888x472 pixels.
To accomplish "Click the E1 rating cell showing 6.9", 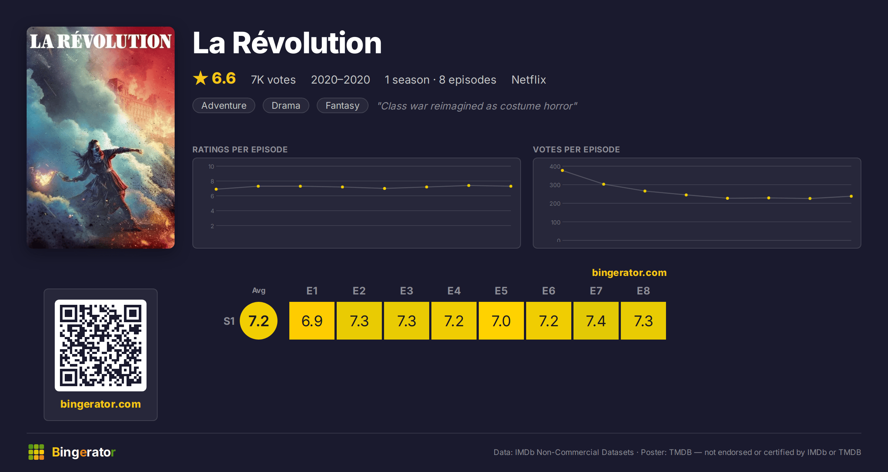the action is point(312,321).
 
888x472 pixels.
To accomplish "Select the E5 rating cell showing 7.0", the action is point(501,321).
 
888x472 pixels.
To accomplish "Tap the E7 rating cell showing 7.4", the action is point(596,321).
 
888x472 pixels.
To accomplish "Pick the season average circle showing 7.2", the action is point(259,321).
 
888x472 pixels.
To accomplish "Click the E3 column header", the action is point(407,291).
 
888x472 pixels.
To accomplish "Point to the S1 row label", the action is point(229,321).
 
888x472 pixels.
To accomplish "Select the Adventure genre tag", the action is point(224,105).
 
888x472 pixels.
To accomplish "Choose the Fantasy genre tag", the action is point(343,105).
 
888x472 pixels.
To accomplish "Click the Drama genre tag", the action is point(286,105).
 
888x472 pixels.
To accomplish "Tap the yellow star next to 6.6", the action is point(201,78).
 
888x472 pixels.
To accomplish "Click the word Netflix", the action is point(529,80).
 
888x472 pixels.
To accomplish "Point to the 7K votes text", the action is point(273,80).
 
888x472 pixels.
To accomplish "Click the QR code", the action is point(101,345).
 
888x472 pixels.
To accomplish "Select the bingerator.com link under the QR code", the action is point(101,404).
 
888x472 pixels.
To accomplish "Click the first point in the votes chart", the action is point(562,171).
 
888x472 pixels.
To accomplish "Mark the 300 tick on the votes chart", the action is point(555,185).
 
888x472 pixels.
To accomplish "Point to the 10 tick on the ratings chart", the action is point(211,166).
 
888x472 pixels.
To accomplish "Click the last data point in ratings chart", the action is point(511,186).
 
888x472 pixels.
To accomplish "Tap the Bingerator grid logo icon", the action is point(36,452).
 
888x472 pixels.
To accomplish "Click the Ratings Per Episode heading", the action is point(240,149).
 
